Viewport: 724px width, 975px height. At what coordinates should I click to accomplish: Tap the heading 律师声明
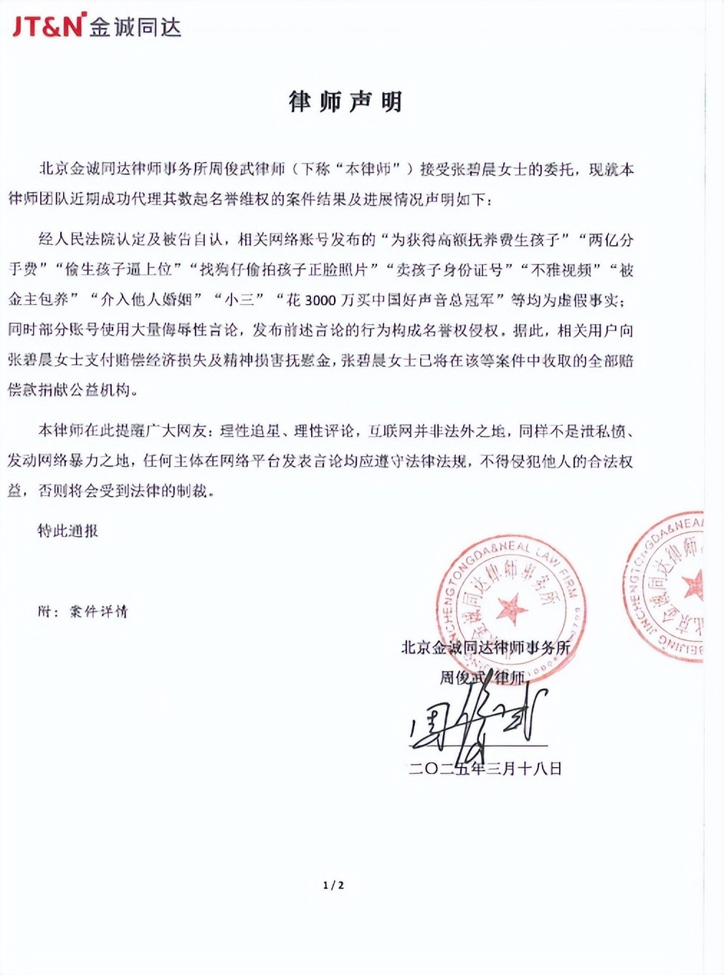point(345,103)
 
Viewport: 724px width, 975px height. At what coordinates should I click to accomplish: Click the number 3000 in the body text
point(320,300)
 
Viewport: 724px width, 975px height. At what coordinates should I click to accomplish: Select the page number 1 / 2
point(333,885)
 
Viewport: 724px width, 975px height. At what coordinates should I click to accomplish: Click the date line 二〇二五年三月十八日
point(485,769)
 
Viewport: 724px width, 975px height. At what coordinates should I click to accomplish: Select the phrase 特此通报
point(68,531)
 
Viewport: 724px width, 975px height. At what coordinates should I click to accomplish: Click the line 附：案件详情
point(83,612)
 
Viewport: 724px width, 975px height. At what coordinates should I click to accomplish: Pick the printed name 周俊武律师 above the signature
point(482,677)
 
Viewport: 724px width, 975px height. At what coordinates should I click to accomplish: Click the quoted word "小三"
point(239,300)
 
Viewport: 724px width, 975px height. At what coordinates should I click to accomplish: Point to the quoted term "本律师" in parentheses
point(367,170)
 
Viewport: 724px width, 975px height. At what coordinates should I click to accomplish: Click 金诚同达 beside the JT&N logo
point(135,26)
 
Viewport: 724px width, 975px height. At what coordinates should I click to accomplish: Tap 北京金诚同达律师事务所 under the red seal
point(485,647)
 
